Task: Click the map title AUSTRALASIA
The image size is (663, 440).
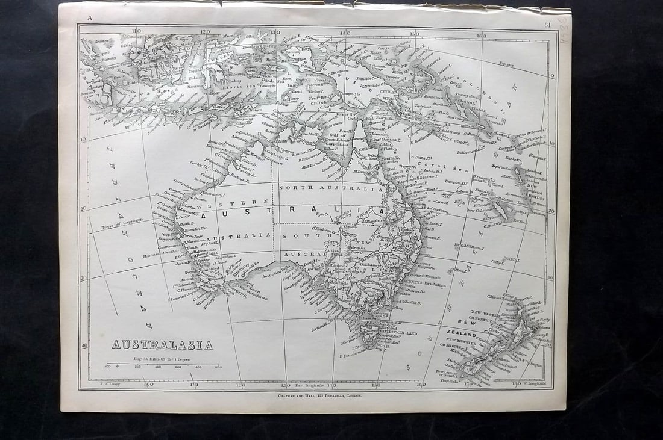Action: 162,345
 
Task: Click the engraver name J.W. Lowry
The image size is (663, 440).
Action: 100,383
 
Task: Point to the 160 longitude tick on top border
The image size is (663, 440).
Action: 480,36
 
